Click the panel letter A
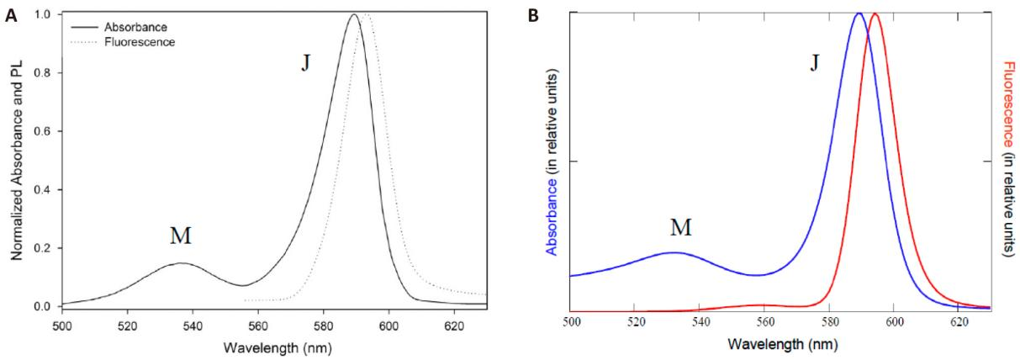(x=12, y=16)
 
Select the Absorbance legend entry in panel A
(x=135, y=27)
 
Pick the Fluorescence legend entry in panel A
(x=140, y=42)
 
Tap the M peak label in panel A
(x=181, y=236)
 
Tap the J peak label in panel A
(x=305, y=64)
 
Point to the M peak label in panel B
(x=681, y=227)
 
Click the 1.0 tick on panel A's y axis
(x=42, y=14)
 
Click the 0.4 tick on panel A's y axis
(x=42, y=189)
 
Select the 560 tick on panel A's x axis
(x=258, y=326)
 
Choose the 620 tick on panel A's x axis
(x=454, y=326)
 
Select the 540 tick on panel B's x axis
(x=700, y=322)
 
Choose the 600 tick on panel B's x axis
(x=894, y=322)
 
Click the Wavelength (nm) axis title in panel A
(x=277, y=348)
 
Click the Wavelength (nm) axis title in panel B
(x=783, y=344)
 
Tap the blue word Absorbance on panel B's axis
(x=552, y=216)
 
